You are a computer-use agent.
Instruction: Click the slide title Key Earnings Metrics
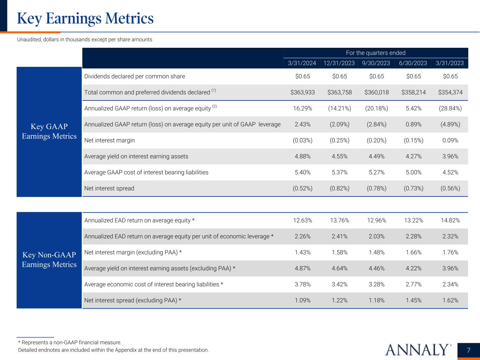coord(85,18)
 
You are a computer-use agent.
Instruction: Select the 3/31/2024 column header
coord(302,63)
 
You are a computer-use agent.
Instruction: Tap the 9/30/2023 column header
coord(376,63)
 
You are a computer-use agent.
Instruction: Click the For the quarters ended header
coord(376,53)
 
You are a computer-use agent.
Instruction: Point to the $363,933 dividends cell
coord(302,92)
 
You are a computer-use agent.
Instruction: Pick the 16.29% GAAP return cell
coord(302,108)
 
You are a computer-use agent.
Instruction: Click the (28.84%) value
coord(450,108)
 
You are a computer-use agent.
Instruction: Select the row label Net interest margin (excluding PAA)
coord(133,252)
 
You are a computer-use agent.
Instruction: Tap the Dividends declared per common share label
coord(135,76)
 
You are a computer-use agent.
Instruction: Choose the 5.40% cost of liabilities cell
coord(302,172)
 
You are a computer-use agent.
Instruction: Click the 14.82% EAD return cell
coord(450,220)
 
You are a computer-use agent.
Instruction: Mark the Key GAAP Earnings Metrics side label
coord(49,131)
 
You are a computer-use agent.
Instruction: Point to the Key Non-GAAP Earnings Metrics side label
coord(49,260)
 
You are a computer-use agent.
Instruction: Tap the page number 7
coord(468,350)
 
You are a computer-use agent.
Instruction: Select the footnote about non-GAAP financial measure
coord(70,342)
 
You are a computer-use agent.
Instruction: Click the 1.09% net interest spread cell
coord(302,300)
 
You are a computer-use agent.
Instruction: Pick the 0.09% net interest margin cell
coord(450,140)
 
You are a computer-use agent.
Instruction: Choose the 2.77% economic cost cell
coord(413,284)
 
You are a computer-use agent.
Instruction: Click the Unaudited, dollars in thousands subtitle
coord(85,39)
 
